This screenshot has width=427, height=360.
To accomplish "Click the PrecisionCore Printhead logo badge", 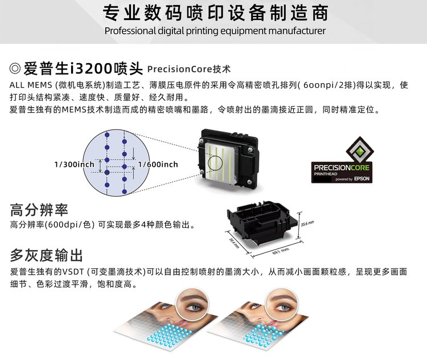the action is (342, 160).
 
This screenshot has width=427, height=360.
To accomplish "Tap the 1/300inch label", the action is (75, 164).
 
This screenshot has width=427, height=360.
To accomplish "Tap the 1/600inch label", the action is (158, 164).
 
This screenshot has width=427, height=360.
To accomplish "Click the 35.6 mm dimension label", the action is (307, 224).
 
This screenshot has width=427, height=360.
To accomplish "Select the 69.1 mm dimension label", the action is (281, 251).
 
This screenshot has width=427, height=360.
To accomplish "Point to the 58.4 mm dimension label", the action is (234, 243).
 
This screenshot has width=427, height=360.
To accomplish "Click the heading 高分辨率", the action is (39, 210).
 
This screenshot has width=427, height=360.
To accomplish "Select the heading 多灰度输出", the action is (46, 255).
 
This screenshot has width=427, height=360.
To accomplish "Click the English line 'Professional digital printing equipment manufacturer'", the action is (215, 31).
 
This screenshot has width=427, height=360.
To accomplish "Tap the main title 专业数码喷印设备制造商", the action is (215, 13).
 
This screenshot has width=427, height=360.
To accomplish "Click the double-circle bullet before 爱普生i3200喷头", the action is (15, 68).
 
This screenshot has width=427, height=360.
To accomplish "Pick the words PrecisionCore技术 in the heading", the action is (189, 69).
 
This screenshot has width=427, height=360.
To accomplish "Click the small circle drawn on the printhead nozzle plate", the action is (215, 163).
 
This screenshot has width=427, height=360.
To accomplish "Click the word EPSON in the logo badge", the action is (362, 178).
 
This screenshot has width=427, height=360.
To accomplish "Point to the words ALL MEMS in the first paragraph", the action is (31, 85).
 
